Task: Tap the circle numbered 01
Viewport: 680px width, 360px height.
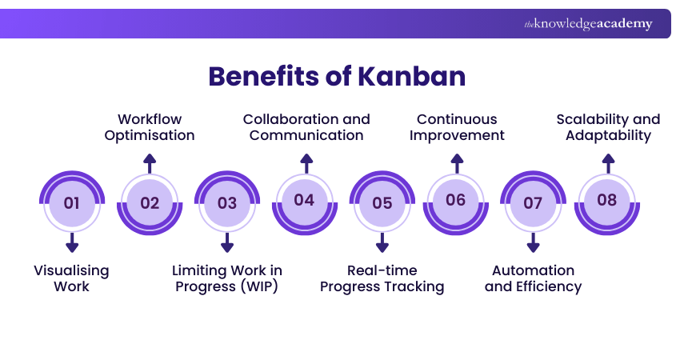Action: [x=72, y=202]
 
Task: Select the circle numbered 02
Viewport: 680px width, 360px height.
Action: [x=150, y=202]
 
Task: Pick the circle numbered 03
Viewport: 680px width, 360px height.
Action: [x=227, y=202]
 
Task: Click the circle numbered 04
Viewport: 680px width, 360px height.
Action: [x=304, y=200]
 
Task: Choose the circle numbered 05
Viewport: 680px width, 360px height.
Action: [x=382, y=202]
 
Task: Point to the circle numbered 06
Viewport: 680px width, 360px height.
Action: [x=456, y=200]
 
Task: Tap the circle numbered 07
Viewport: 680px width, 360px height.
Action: [x=533, y=202]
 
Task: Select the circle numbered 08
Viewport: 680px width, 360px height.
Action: [x=607, y=200]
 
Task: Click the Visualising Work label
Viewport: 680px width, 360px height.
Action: [x=71, y=278]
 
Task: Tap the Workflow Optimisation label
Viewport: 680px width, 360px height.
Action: [x=150, y=127]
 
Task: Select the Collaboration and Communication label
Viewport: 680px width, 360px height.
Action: [x=306, y=127]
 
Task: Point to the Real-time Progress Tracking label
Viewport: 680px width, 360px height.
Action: [x=382, y=278]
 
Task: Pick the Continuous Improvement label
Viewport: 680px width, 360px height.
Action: [x=457, y=127]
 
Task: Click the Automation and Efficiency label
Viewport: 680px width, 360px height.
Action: [x=533, y=278]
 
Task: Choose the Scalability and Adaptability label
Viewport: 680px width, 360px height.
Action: [x=608, y=127]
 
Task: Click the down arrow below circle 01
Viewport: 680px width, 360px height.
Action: [x=72, y=243]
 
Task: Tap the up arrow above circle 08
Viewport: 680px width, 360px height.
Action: [x=608, y=163]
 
